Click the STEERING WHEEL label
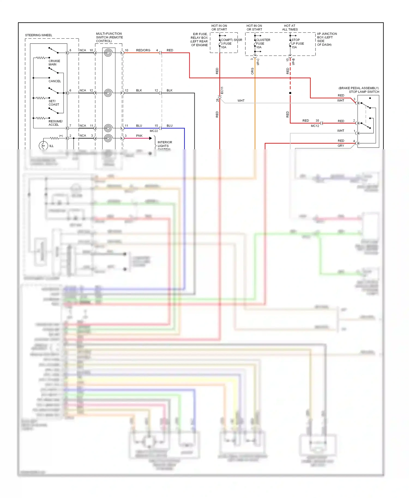[x=38, y=35]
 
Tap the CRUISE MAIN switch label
[x=54, y=63]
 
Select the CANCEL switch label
[x=55, y=81]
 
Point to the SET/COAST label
[x=53, y=103]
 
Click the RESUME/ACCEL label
[x=55, y=123]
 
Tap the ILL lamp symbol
[x=43, y=145]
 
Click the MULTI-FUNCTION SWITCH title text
[x=109, y=37]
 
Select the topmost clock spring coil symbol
[x=108, y=53]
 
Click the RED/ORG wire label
[x=143, y=50]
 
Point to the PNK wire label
[x=139, y=135]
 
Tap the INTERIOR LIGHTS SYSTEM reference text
[x=165, y=145]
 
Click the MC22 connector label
[x=154, y=131]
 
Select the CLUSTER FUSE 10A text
[x=263, y=44]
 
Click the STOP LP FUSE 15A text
[x=297, y=44]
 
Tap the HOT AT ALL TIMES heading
[x=290, y=28]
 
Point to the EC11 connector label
[x=222, y=90]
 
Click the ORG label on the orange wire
[x=252, y=71]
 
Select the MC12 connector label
[x=315, y=126]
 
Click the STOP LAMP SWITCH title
[x=364, y=92]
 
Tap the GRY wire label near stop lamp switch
[x=341, y=146]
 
